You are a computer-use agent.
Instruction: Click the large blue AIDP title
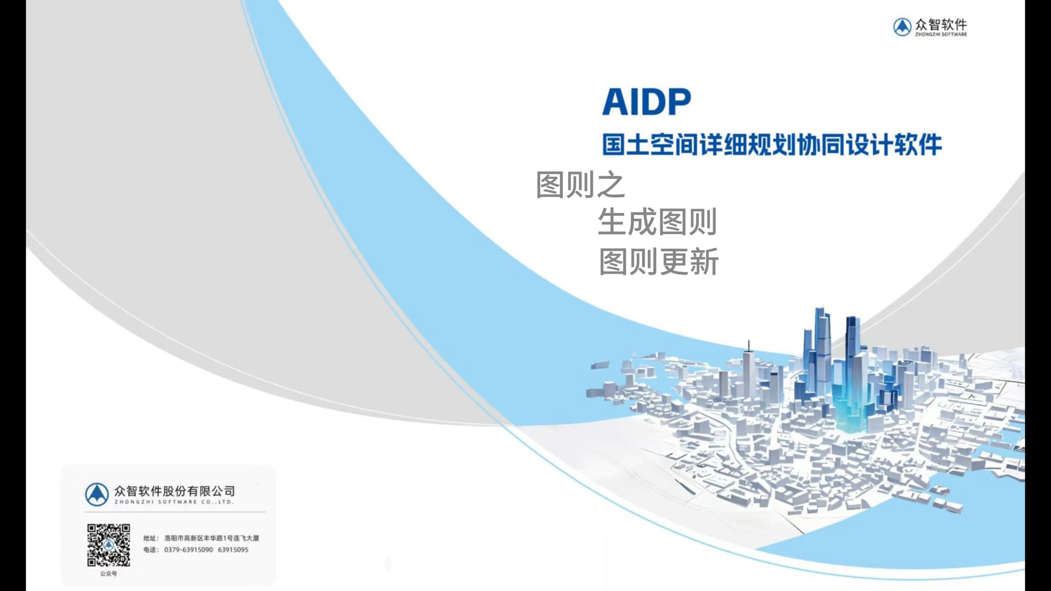click(647, 101)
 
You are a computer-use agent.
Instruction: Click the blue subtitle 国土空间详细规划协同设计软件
click(772, 144)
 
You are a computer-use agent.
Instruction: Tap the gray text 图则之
click(580, 185)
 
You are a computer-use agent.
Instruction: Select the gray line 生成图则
click(657, 222)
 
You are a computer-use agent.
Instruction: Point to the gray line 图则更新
click(659, 261)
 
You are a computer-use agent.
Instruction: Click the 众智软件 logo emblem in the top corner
click(902, 27)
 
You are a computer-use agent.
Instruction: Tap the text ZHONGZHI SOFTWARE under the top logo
click(941, 34)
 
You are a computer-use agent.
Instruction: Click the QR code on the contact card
click(109, 545)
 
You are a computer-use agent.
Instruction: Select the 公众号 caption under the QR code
click(108, 574)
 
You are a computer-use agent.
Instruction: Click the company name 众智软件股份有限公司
click(174, 491)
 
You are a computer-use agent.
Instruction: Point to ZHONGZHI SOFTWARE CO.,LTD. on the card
click(174, 502)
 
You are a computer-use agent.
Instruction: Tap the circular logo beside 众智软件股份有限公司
click(97, 494)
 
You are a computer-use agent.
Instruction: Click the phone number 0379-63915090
click(188, 550)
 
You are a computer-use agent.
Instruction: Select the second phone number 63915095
click(233, 550)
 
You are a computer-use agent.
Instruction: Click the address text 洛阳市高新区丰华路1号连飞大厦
click(212, 538)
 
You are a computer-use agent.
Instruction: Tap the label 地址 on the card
click(149, 538)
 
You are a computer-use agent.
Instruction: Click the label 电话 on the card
click(149, 550)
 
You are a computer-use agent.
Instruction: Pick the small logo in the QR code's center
click(109, 545)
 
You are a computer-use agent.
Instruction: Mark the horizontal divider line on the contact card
click(175, 512)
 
